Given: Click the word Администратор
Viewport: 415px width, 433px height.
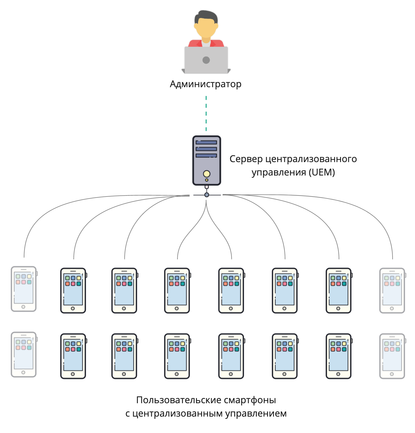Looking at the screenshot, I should coord(206,84).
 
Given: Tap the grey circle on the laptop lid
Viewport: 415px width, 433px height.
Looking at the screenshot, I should coord(206,60).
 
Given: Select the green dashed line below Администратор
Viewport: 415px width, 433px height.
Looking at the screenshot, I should coord(206,113).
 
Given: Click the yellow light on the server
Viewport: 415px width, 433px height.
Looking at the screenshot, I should coord(207,174).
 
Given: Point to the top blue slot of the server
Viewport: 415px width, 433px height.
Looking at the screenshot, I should coord(206,142).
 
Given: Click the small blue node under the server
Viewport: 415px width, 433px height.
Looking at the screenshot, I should coord(207,195).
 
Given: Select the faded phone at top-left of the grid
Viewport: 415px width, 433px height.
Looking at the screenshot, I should coord(24,289).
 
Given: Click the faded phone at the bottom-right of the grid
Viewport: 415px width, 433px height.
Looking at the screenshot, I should coord(392,356).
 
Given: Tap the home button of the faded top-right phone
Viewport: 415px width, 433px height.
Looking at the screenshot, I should coord(392,308).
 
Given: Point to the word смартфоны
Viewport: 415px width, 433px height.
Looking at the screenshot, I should coord(250,400).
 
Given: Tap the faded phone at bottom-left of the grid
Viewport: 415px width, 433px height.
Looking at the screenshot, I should coord(24,355).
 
